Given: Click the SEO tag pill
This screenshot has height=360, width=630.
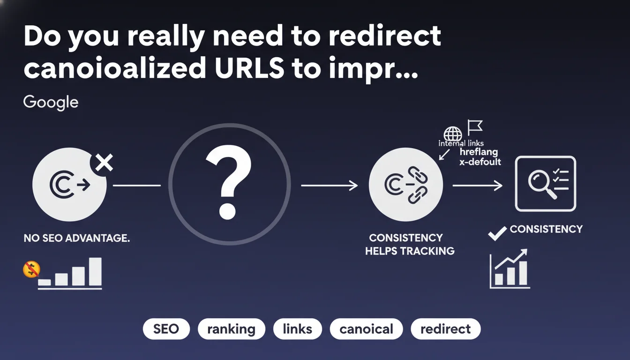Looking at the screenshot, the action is (166, 329).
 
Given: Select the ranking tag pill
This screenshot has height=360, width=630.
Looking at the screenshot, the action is (231, 329).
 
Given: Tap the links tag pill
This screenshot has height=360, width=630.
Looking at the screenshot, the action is (297, 329).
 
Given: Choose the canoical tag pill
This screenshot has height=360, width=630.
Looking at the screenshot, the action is (366, 329).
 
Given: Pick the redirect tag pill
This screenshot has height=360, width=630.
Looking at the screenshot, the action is (445, 329).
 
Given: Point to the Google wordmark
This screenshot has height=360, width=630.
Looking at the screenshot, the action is (51, 103).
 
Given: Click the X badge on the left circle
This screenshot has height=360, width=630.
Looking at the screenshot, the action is (104, 163).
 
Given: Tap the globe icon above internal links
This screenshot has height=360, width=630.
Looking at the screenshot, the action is (452, 134).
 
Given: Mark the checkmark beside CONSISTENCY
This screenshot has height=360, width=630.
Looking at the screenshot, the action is (497, 233).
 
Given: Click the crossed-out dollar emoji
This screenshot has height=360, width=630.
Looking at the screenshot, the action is (31, 269).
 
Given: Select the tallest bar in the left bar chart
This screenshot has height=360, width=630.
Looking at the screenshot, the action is (95, 272).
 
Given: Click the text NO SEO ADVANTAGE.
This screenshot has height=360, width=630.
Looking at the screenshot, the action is (77, 238).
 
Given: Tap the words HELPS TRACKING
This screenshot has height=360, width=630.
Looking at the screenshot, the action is (410, 251).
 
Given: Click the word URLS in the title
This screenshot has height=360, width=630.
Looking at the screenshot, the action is (249, 68).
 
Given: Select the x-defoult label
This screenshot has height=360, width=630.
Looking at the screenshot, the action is (480, 162).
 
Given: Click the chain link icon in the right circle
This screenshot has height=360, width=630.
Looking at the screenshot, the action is (418, 185).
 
